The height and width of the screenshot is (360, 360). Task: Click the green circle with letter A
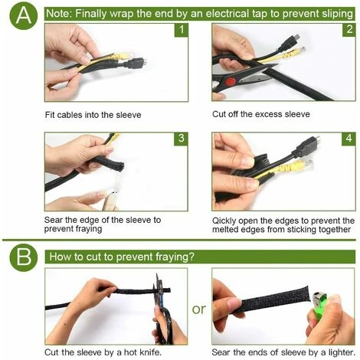coord(24,15)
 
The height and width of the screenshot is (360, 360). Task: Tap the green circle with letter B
coord(24,257)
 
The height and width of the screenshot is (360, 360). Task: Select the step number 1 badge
coord(182,30)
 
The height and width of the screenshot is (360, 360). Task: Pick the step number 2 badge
coord(349,30)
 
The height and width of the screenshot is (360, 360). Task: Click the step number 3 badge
coord(182,139)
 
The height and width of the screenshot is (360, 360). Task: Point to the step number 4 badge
coord(349,139)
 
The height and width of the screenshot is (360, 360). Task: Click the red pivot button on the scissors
coord(231,82)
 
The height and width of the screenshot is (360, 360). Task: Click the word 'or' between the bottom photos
coord(199,309)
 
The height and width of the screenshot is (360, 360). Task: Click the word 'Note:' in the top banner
coord(59,13)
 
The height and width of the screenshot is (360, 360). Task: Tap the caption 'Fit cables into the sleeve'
coord(93,115)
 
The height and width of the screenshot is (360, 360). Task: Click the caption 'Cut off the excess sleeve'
coord(261,114)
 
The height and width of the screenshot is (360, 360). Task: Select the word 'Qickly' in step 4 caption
coord(224,221)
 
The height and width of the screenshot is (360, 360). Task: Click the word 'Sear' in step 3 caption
coord(54,220)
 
